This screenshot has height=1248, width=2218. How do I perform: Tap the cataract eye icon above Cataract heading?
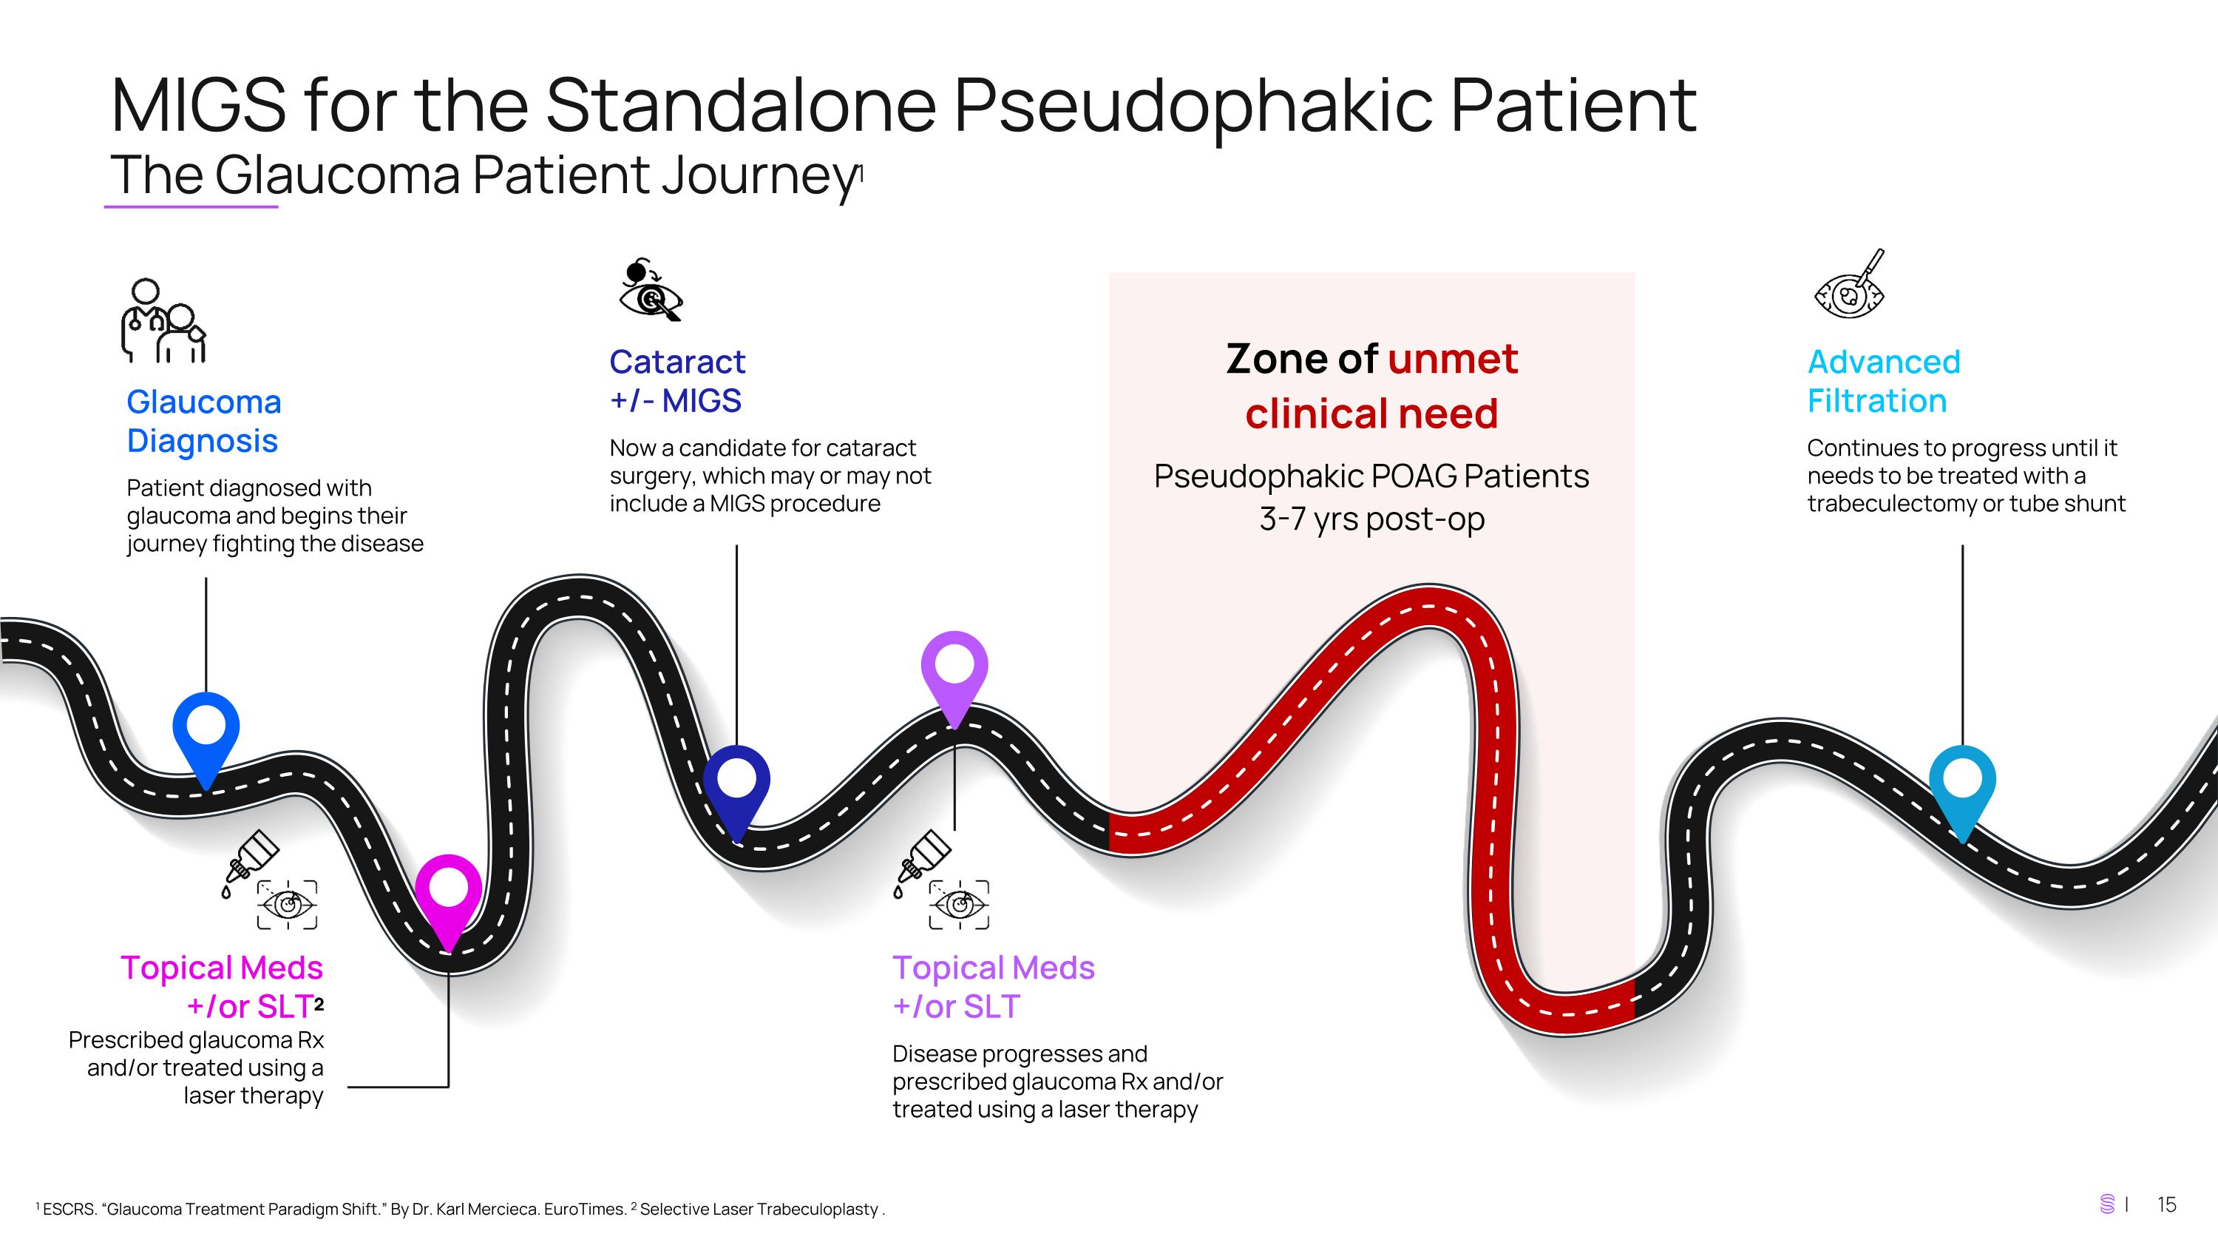[651, 289]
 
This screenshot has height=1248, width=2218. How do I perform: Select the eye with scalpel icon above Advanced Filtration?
[1850, 284]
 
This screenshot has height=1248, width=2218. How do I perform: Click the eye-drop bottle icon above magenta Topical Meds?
[251, 864]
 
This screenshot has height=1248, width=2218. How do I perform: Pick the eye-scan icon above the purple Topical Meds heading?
[959, 904]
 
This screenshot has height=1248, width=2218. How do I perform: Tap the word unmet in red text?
[1453, 358]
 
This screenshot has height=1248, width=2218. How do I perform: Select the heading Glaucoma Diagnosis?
[203, 421]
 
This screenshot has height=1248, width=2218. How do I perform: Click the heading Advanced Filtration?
[1884, 382]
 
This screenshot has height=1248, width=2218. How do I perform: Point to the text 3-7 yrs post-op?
[1371, 519]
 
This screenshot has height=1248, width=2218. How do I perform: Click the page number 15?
[2166, 1204]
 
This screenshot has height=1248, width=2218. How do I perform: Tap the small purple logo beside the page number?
[2107, 1204]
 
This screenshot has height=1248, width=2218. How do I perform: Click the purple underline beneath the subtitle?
[191, 206]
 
